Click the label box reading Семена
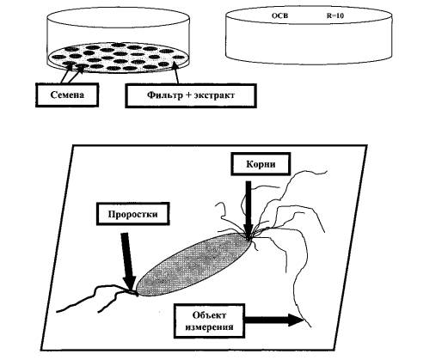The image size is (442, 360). pyautogui.click(x=67, y=95)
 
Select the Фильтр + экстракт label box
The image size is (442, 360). pyautogui.click(x=191, y=95)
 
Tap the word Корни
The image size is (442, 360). pyautogui.click(x=261, y=164)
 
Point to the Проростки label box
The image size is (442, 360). pyautogui.click(x=132, y=214)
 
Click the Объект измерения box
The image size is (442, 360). pyautogui.click(x=209, y=320)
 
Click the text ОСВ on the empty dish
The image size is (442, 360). pyautogui.click(x=279, y=15)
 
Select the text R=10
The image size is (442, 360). pyautogui.click(x=335, y=15)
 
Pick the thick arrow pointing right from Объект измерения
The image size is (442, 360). pyautogui.click(x=273, y=320)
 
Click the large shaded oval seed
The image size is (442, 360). pyautogui.click(x=193, y=265)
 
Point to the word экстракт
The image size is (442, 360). pyautogui.click(x=214, y=95)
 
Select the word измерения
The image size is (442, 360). pyautogui.click(x=209, y=326)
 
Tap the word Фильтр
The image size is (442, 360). pyautogui.click(x=164, y=95)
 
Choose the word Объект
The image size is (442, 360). pyautogui.click(x=209, y=315)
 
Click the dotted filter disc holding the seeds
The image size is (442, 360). pyautogui.click(x=118, y=58)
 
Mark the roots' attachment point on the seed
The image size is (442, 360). pyautogui.click(x=250, y=236)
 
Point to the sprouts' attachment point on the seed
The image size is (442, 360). pyautogui.click(x=137, y=293)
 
